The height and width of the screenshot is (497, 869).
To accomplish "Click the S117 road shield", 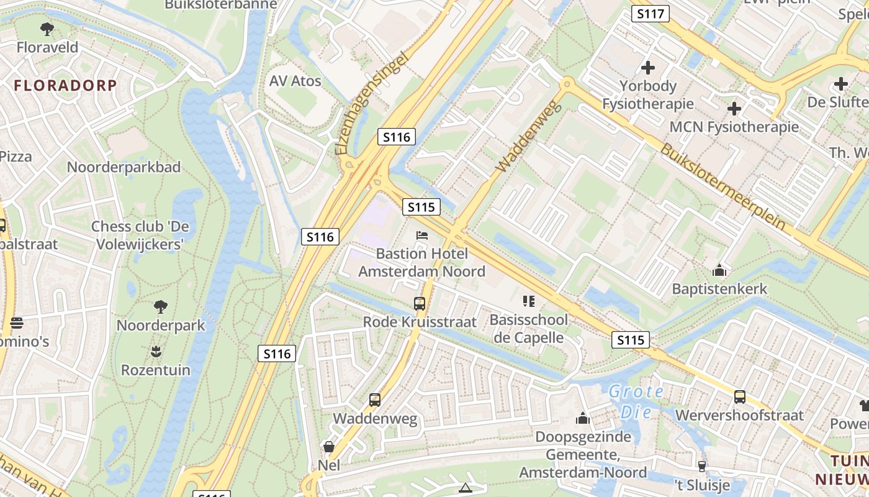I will click(650, 13).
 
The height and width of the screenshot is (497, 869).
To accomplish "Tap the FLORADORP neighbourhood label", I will click(65, 86).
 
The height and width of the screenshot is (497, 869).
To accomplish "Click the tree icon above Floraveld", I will click(47, 29).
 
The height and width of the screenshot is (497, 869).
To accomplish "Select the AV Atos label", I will click(295, 81).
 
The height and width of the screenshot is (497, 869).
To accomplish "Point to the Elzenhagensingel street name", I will click(372, 104).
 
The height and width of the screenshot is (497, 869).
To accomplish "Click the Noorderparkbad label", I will click(124, 167).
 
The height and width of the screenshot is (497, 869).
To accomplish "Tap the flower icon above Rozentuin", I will click(156, 352).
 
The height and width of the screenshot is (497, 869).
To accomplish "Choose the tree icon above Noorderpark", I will click(160, 307).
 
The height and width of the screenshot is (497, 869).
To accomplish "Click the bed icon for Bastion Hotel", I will click(422, 236).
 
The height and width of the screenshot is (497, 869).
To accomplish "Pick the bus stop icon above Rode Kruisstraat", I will click(420, 304).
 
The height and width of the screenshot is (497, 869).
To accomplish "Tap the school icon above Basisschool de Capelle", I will click(529, 302).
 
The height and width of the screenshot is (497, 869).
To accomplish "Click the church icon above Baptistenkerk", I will click(719, 271).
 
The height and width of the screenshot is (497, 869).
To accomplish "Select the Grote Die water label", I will click(636, 401).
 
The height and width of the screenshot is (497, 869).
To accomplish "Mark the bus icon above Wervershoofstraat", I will click(739, 397).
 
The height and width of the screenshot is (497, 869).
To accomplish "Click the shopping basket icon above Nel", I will click(328, 447).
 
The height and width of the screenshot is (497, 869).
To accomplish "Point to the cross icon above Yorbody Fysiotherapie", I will click(648, 68).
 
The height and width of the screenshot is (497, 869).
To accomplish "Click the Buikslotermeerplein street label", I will click(722, 186).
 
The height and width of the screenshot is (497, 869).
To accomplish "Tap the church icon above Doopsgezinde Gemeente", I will click(582, 419).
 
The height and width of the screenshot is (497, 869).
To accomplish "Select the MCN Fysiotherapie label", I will click(734, 127).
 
